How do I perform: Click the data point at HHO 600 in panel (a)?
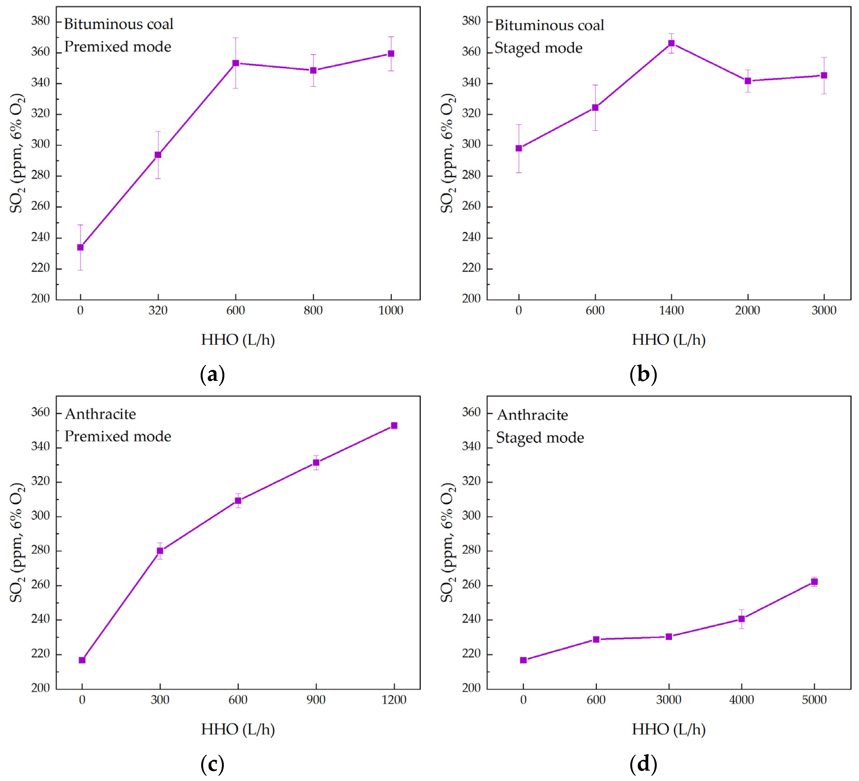point(236,63)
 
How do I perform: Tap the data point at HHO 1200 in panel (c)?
point(394,426)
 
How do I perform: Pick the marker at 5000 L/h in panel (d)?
point(814,582)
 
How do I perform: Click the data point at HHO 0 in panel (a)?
point(80,247)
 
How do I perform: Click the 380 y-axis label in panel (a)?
point(41,21)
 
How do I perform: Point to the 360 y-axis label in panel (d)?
point(471,412)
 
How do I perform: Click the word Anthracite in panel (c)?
point(100,414)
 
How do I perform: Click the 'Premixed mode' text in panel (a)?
point(118,47)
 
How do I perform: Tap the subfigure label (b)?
point(643,374)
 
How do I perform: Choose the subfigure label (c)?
point(212,764)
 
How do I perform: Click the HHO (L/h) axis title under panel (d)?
point(668,730)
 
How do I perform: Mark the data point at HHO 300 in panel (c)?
point(160,551)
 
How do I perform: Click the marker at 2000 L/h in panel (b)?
point(748,81)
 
